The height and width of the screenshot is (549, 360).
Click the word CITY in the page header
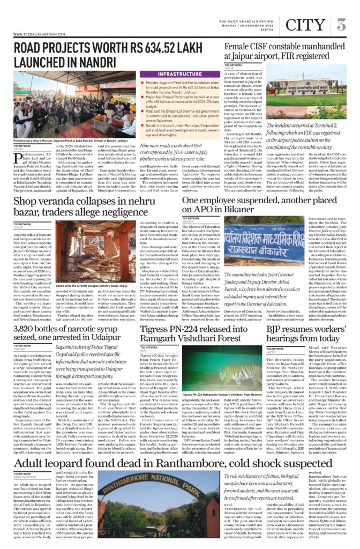305,24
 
